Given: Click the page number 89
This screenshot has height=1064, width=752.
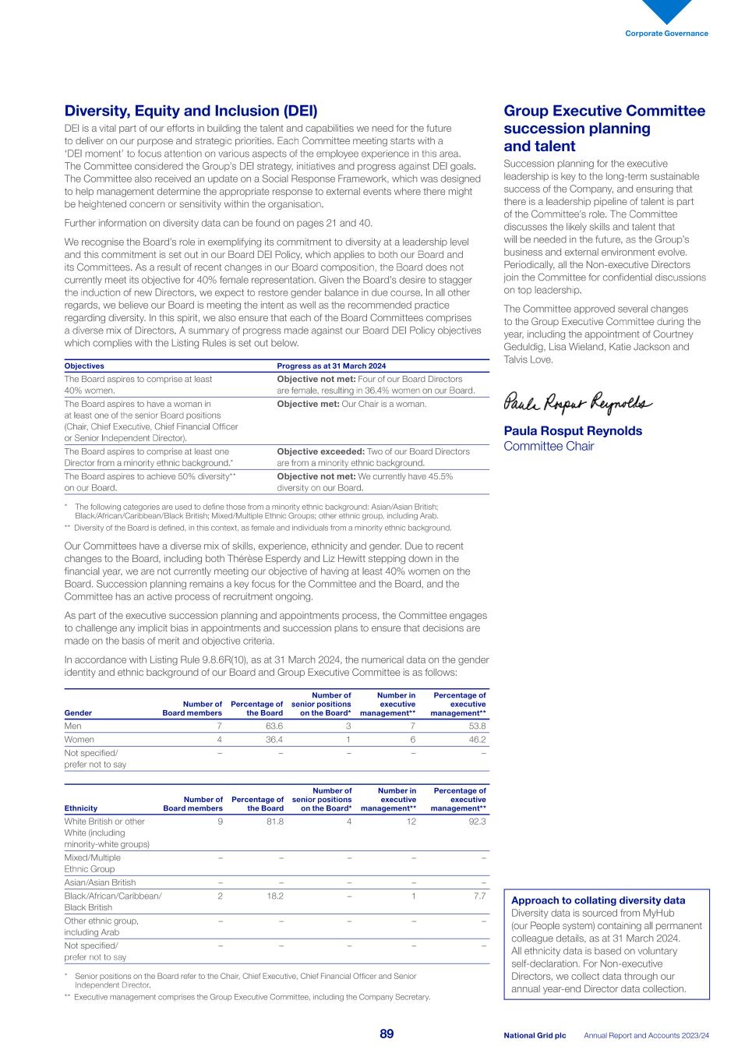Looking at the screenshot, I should pyautogui.click(x=387, y=1034).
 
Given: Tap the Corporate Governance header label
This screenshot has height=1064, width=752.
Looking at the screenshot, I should pyautogui.click(x=666, y=34).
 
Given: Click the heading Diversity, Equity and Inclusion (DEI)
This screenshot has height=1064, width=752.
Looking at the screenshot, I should pyautogui.click(x=191, y=111).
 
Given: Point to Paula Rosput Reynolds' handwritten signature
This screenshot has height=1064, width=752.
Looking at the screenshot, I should pyautogui.click(x=577, y=402).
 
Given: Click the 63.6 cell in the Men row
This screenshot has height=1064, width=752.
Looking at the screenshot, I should pyautogui.click(x=274, y=726).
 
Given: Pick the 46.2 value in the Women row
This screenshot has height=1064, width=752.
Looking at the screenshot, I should pyautogui.click(x=476, y=739).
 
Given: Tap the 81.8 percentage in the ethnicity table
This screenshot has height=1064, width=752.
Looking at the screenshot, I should pyautogui.click(x=274, y=821).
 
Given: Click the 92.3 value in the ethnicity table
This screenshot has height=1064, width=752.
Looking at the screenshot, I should pyautogui.click(x=475, y=821).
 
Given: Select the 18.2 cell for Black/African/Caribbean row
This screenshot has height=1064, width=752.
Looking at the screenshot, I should pyautogui.click(x=274, y=896).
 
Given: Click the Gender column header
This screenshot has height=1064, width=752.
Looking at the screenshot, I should pyautogui.click(x=78, y=712).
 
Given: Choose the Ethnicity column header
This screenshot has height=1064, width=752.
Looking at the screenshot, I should pyautogui.click(x=81, y=808).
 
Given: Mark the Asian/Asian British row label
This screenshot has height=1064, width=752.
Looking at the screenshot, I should pyautogui.click(x=100, y=882).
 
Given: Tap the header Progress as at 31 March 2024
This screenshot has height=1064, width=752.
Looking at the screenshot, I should pyautogui.click(x=331, y=366).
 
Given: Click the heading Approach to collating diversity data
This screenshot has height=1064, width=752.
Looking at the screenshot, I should pyautogui.click(x=598, y=900).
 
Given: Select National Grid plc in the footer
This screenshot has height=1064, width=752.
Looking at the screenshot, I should pyautogui.click(x=535, y=1036).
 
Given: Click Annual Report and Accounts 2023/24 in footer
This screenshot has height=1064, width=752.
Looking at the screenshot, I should pyautogui.click(x=647, y=1036).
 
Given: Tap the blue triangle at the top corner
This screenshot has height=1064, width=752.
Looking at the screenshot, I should pyautogui.click(x=666, y=9).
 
